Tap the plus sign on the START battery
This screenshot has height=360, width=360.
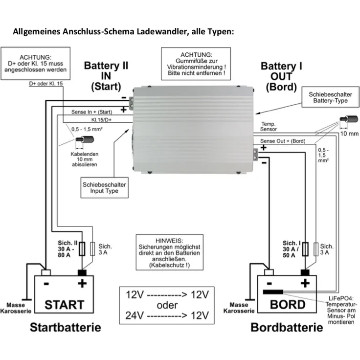click(82, 283)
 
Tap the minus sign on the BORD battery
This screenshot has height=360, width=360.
click(270, 283)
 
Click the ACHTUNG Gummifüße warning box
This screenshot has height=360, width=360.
click(196, 64)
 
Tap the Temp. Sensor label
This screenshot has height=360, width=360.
click(269, 127)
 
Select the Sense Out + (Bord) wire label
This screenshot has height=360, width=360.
click(280, 141)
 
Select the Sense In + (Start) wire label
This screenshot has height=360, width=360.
click(91, 112)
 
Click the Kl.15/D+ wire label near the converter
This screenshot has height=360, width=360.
click(101, 119)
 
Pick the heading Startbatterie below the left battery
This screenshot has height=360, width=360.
click(66, 327)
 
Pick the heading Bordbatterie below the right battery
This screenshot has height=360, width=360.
click(287, 327)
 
